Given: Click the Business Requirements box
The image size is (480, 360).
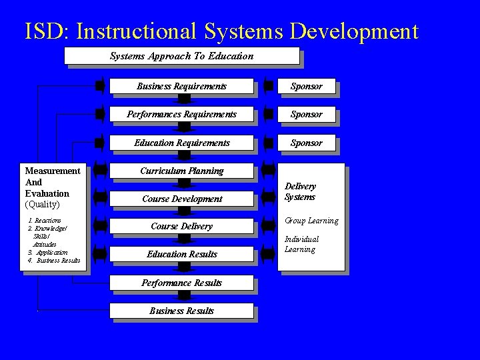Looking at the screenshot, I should [181, 86].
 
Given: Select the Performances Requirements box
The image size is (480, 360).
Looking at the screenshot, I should [181, 115].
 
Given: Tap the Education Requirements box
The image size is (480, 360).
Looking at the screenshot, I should [181, 143].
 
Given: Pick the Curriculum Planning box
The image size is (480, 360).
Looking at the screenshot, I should [181, 171].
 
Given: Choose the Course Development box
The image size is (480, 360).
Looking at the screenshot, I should [181, 199].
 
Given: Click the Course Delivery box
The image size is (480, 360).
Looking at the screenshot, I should [181, 226].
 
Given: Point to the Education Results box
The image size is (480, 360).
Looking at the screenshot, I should [181, 254].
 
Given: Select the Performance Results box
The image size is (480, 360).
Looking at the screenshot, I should [181, 283].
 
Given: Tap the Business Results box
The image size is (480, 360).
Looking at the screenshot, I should [181, 311].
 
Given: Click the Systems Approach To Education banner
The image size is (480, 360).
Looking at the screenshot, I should [181, 56].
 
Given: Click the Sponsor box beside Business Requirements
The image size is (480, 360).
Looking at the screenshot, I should [307, 86].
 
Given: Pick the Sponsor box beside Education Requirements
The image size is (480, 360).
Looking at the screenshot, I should [307, 143].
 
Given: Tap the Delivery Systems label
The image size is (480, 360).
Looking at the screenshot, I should [300, 192].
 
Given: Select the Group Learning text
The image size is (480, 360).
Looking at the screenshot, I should [311, 221].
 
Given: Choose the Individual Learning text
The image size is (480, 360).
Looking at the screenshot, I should [302, 244].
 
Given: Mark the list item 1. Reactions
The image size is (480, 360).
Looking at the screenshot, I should [45, 221].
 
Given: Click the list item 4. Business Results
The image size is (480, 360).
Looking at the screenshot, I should [54, 261].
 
